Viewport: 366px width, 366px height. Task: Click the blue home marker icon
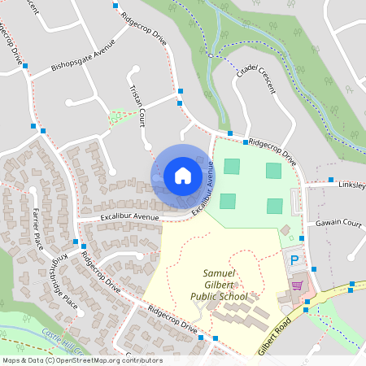(183, 175)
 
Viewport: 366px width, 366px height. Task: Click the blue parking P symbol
(294, 260)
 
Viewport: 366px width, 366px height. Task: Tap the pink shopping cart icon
(297, 285)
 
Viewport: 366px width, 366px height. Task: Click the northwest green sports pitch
(233, 166)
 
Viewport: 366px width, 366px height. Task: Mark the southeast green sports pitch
(275, 206)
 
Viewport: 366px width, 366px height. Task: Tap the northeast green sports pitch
(273, 170)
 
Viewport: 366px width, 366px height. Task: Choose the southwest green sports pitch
(228, 201)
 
